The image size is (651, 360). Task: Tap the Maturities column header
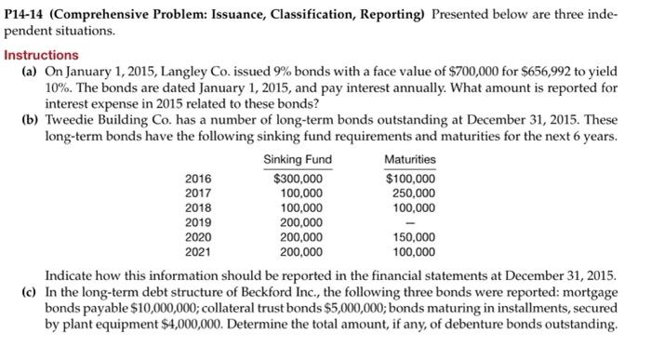click(409, 160)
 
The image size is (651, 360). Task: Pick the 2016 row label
click(198, 178)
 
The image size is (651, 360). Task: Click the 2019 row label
click(198, 222)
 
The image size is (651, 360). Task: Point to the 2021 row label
click(198, 251)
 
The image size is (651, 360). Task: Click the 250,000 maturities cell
click(415, 193)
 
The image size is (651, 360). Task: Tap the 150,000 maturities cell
click(415, 237)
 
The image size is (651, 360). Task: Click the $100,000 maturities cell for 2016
click(410, 178)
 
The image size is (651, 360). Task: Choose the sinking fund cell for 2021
click(302, 251)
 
